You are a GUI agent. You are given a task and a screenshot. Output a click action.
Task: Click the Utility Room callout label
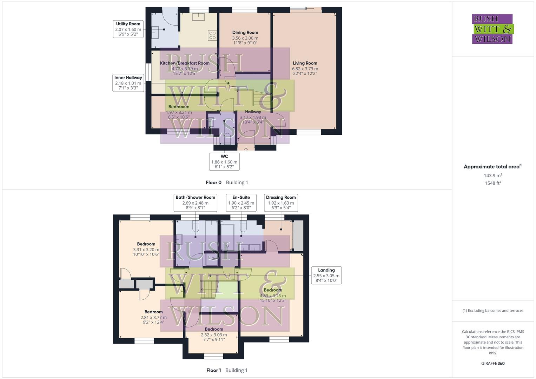tap(128, 29)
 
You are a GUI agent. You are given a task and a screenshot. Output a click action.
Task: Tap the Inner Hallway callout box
tap(128, 83)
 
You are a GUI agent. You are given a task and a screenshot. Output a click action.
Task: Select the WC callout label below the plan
tap(224, 161)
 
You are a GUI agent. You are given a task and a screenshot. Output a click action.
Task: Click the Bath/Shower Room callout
tap(195, 202)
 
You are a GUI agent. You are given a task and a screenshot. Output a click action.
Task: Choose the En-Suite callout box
tap(241, 202)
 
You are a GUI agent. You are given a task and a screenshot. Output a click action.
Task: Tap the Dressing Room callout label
tap(281, 202)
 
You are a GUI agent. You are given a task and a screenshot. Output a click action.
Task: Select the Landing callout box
tap(326, 275)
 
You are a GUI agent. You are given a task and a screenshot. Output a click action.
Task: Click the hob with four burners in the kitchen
tap(212, 35)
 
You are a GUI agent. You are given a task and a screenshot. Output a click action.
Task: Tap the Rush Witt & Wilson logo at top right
tap(492, 29)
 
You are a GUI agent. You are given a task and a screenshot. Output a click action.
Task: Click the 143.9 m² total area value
tap(493, 175)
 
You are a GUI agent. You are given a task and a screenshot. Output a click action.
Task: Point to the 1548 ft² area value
tap(493, 183)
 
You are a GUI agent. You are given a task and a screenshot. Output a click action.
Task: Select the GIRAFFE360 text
tap(493, 364)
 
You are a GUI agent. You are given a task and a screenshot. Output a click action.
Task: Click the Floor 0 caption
tap(213, 182)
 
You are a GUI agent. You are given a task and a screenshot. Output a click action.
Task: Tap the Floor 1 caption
tap(213, 370)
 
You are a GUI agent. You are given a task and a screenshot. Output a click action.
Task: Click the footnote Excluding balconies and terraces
tap(493, 311)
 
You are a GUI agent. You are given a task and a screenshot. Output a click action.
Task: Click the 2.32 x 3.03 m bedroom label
tap(214, 334)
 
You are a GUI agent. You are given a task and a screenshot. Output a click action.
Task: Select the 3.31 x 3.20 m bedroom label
tap(146, 249)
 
